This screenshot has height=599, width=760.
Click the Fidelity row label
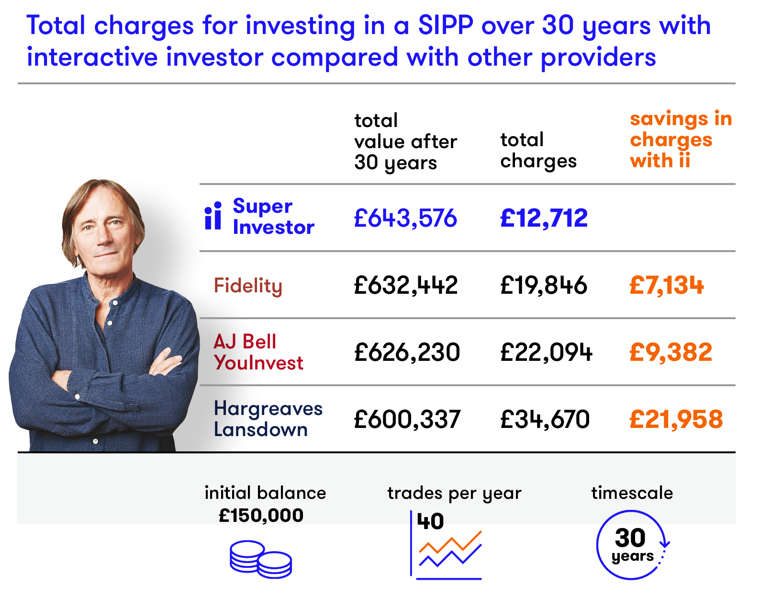coord(248,286)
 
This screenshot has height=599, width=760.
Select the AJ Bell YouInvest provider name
coord(258,352)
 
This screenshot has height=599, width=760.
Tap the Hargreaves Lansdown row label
coord(268,419)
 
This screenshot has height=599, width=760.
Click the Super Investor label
coord(273,216)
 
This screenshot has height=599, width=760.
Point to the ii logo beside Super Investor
coord(213,215)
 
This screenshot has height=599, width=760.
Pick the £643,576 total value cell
coord(405,218)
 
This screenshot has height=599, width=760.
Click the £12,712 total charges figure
coord(544,218)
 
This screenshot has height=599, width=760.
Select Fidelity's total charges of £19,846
coord(544,285)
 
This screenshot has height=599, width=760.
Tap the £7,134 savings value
coord(667,285)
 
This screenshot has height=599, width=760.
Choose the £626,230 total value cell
coord(407,352)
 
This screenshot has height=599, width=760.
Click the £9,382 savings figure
coord(671,352)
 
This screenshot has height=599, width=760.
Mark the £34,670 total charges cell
coord(545,419)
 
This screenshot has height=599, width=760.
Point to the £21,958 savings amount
coord(676,419)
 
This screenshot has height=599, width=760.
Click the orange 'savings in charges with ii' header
coord(681,139)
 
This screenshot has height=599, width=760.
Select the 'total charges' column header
coord(538,150)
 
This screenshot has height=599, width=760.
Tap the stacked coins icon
coord(261,559)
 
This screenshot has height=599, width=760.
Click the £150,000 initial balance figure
coord(261,515)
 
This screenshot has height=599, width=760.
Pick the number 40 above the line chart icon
coord(430,521)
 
